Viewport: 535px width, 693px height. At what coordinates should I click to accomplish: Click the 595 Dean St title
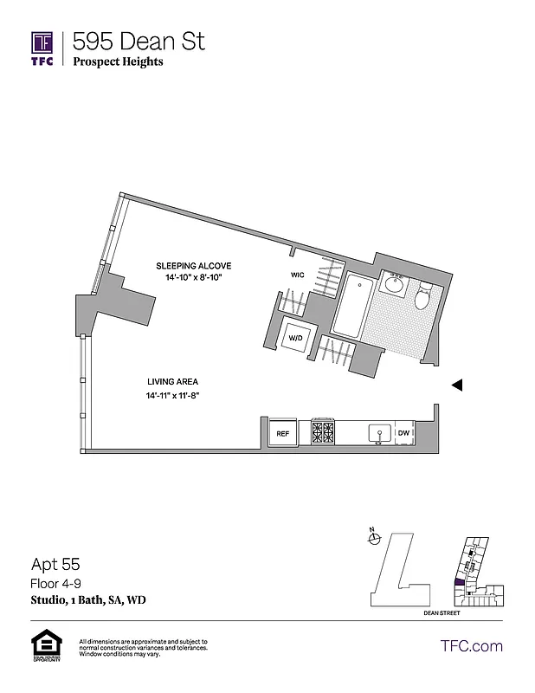pos(139,41)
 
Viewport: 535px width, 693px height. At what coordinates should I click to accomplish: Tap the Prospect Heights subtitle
pos(119,62)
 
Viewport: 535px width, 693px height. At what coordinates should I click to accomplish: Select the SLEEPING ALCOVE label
pos(193,265)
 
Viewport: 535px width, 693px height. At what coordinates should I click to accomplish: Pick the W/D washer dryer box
pos(294,336)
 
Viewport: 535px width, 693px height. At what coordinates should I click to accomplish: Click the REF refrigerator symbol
pos(282,432)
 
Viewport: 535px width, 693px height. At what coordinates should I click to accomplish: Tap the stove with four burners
pos(323,431)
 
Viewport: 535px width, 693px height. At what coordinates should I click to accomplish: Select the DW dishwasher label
pos(403,432)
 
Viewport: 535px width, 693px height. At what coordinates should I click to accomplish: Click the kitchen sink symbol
pos(378,431)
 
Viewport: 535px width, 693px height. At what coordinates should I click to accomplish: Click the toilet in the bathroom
pos(422,297)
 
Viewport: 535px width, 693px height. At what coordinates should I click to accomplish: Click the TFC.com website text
pos(472,645)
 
